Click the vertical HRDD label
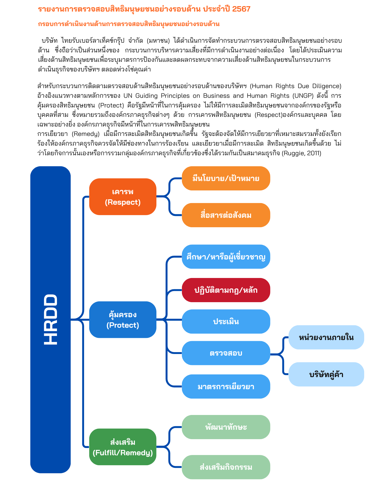(x=51, y=319)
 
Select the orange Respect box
(x=123, y=197)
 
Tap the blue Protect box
(x=123, y=320)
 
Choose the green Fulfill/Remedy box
(x=123, y=447)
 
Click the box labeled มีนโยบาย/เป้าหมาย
(x=226, y=178)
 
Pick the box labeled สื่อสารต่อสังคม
(x=226, y=215)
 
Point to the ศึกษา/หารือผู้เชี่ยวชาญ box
(x=226, y=257)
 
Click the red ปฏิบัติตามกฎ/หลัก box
(x=226, y=290)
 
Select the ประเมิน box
(x=226, y=322)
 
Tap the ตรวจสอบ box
(x=226, y=353)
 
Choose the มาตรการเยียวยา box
(x=226, y=387)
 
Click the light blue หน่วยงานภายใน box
(x=326, y=337)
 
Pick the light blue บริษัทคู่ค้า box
(x=326, y=374)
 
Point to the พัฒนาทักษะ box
(x=226, y=427)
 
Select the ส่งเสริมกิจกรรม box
(x=226, y=467)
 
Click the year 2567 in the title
(x=241, y=9)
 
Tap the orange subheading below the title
(x=129, y=24)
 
